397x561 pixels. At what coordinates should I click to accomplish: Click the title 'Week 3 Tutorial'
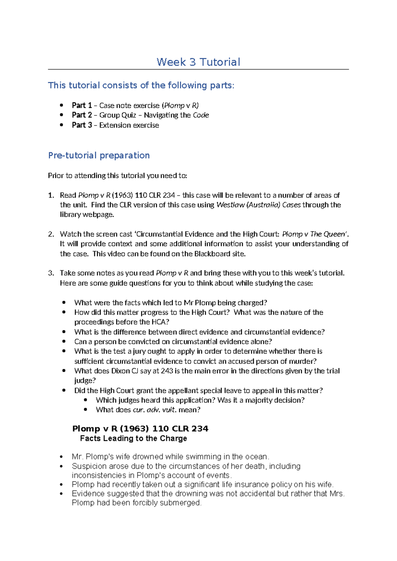pyautogui.click(x=198, y=62)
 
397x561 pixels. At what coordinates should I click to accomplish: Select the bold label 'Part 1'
pyautogui.click(x=82, y=105)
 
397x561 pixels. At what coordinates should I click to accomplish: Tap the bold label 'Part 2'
pyautogui.click(x=82, y=115)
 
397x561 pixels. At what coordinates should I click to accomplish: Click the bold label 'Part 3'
pyautogui.click(x=82, y=125)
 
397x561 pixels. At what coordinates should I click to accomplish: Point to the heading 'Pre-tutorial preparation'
pyautogui.click(x=99, y=155)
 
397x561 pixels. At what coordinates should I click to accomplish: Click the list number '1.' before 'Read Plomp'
pyautogui.click(x=51, y=195)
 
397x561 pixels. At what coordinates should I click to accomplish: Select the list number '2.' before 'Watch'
pyautogui.click(x=51, y=234)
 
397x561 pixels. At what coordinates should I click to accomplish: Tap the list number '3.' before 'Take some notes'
pyautogui.click(x=51, y=273)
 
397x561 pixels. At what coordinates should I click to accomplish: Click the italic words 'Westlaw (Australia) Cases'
pyautogui.click(x=258, y=205)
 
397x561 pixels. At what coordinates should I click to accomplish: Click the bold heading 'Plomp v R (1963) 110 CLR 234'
pyautogui.click(x=140, y=429)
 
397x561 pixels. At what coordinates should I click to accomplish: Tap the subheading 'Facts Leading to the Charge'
pyautogui.click(x=133, y=439)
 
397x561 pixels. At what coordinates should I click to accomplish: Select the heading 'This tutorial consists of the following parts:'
pyautogui.click(x=141, y=85)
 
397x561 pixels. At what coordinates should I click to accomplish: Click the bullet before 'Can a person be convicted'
pyautogui.click(x=64, y=341)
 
